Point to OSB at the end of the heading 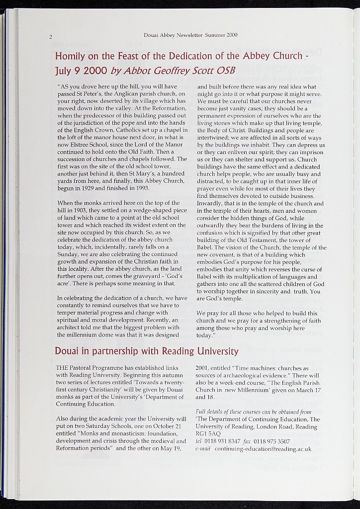[x=226, y=70]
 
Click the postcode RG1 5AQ [x=208, y=434]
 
